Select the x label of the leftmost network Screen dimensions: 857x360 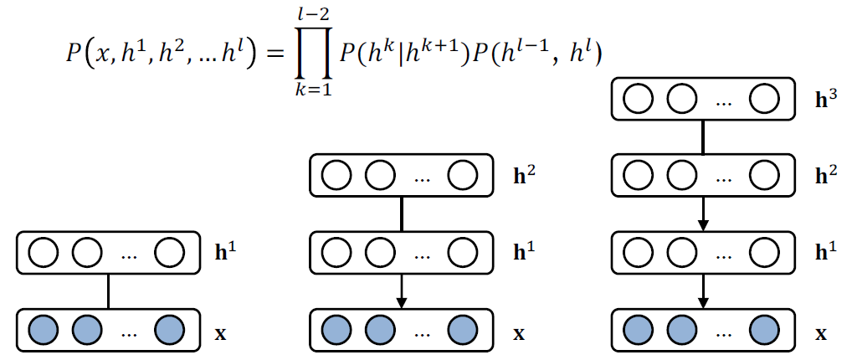221,332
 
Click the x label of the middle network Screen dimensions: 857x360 519,332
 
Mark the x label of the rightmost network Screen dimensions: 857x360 822,332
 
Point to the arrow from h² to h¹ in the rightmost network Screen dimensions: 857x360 704,213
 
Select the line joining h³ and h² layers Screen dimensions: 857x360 704,136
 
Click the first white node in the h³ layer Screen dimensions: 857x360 639,99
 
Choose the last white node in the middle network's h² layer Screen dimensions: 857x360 462,175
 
